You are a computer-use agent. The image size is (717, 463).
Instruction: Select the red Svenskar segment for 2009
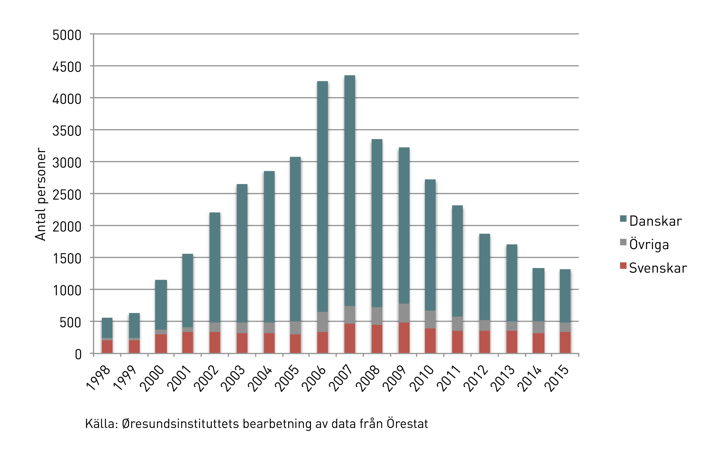click(x=404, y=338)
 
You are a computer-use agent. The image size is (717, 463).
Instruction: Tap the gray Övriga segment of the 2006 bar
click(x=322, y=322)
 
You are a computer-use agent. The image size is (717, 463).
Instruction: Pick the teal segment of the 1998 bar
click(x=107, y=328)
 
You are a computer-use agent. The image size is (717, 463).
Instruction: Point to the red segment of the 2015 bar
click(x=565, y=342)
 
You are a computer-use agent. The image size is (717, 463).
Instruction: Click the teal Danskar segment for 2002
click(x=215, y=268)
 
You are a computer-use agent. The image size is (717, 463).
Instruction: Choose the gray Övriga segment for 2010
click(x=430, y=319)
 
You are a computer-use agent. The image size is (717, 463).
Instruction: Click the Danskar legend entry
click(x=655, y=221)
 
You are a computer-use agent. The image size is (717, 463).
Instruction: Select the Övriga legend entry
click(x=649, y=245)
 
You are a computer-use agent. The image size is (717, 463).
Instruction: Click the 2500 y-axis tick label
click(x=67, y=195)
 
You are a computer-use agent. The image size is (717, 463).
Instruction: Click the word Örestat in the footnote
click(x=407, y=424)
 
